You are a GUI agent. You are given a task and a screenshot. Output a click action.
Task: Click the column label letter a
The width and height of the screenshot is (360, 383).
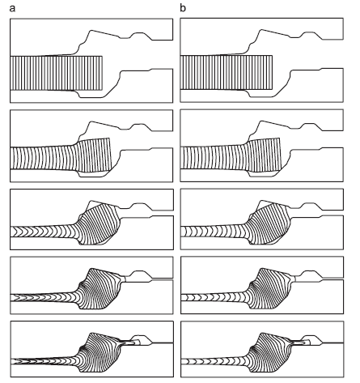pos(12,8)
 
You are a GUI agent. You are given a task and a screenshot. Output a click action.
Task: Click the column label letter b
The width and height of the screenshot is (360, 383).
pos(183,8)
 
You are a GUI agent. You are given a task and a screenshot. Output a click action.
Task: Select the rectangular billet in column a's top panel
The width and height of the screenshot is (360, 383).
pos(57,73)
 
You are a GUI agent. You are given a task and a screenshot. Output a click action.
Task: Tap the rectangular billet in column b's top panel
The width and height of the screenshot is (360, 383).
pos(227,73)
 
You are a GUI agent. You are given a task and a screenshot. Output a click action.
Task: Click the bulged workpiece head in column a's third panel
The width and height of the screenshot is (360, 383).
pos(100,223)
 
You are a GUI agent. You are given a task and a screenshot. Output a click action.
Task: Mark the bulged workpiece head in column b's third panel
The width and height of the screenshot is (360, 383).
pos(269,223)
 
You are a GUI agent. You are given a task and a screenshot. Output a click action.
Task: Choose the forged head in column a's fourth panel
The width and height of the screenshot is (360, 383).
pos(101,289)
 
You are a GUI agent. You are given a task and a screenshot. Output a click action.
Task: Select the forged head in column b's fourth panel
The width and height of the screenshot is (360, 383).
pos(271,288)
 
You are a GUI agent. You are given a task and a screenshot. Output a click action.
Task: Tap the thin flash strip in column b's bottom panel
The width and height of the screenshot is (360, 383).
pos(299,343)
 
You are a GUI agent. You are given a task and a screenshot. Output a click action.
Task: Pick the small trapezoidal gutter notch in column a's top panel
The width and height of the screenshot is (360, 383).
pos(140,36)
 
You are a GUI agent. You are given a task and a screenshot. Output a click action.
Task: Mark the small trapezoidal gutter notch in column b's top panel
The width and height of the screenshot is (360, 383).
pos(310,36)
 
